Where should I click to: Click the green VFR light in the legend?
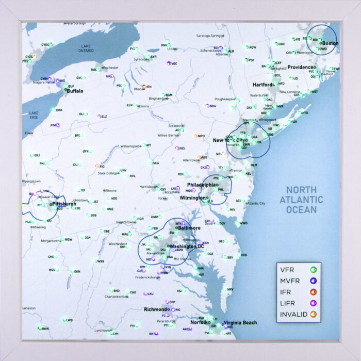[313, 269]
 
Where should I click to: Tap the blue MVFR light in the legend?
[313, 281]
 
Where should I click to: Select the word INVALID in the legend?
[293, 314]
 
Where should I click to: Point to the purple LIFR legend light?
[313, 303]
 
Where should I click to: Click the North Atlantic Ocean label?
[305, 200]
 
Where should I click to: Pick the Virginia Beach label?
[240, 323]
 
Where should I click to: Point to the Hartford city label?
[264, 85]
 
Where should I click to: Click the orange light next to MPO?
[195, 136]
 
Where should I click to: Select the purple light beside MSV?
[207, 106]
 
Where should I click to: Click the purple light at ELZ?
[99, 117]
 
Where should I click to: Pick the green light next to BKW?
[40, 328]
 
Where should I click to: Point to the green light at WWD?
[237, 223]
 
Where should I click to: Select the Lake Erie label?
[34, 115]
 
